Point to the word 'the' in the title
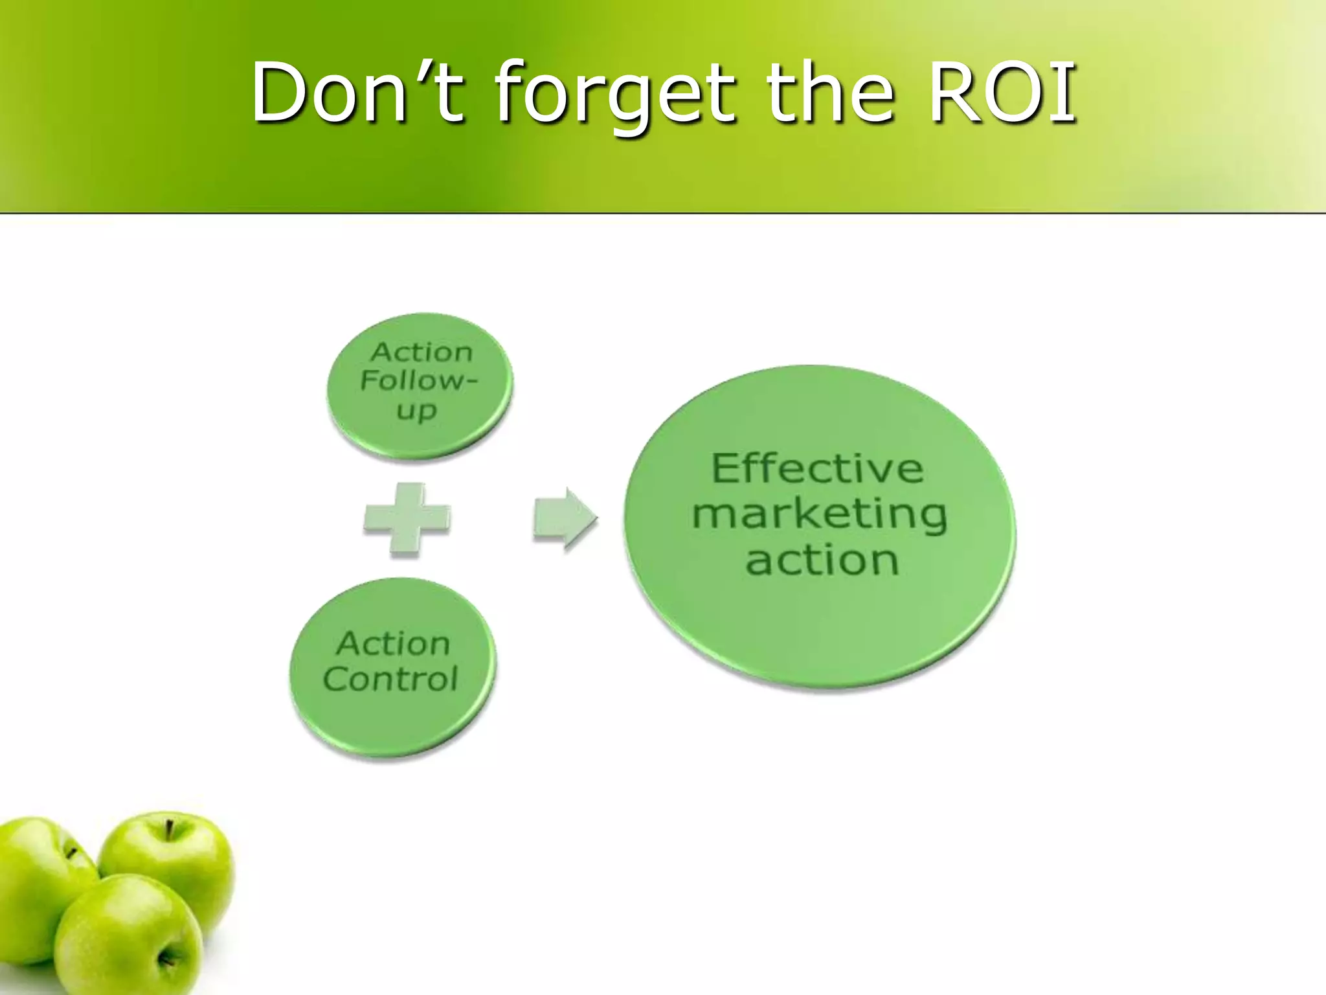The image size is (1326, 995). (x=831, y=92)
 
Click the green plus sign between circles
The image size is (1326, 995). (x=407, y=519)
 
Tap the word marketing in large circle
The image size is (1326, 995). (x=819, y=516)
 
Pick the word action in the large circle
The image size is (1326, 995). (x=822, y=560)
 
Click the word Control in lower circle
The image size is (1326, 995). (x=390, y=679)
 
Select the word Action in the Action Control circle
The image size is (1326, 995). (x=393, y=643)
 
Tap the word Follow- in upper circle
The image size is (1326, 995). (x=418, y=380)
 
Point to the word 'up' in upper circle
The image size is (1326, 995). (x=416, y=410)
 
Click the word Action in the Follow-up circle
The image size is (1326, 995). (x=421, y=352)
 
